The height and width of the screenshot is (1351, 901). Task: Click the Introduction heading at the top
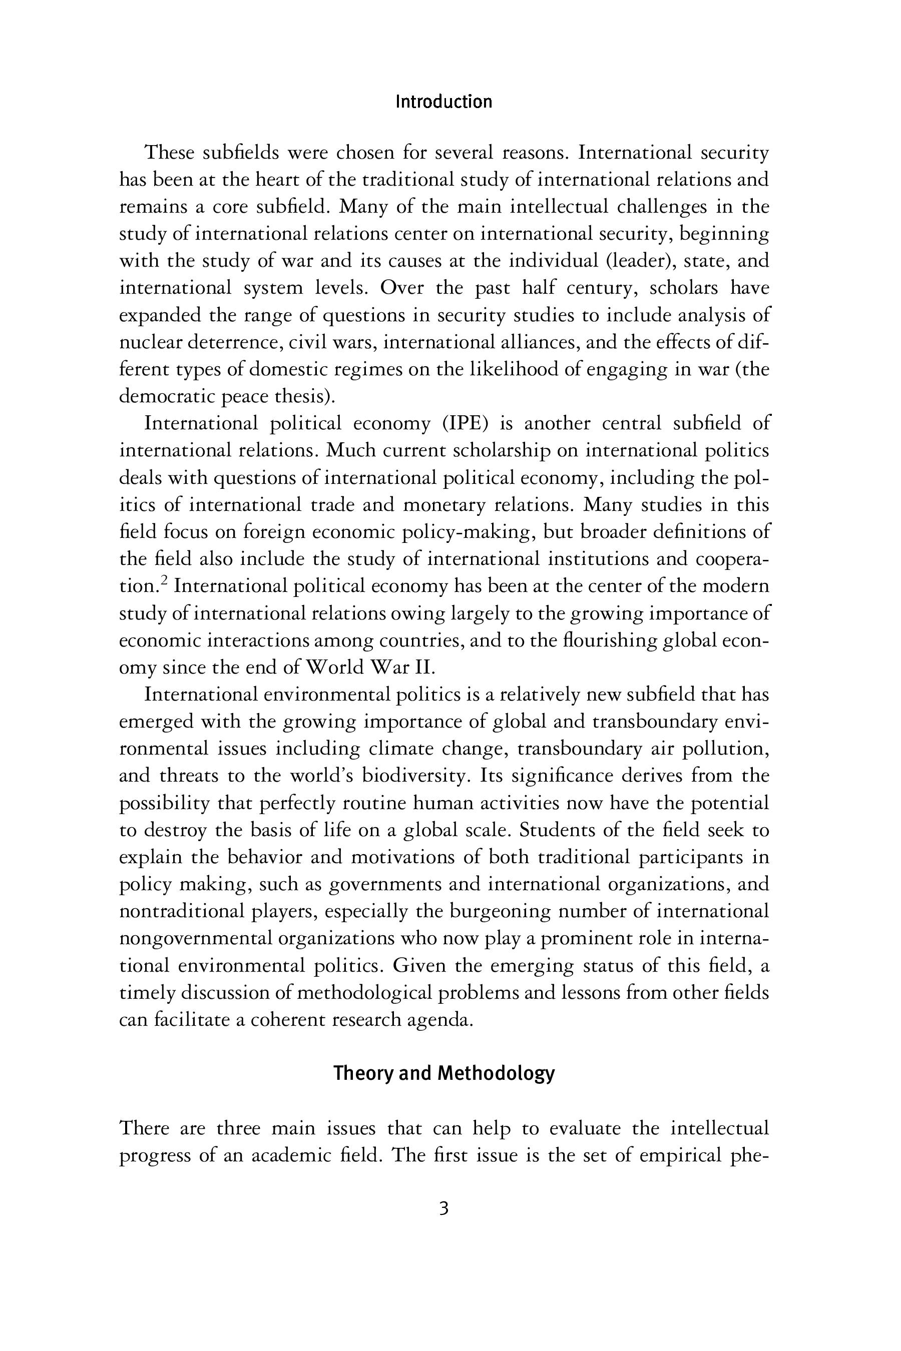(x=443, y=102)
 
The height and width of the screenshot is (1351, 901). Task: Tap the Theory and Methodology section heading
(x=443, y=1073)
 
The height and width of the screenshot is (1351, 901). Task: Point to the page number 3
(x=443, y=1208)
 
